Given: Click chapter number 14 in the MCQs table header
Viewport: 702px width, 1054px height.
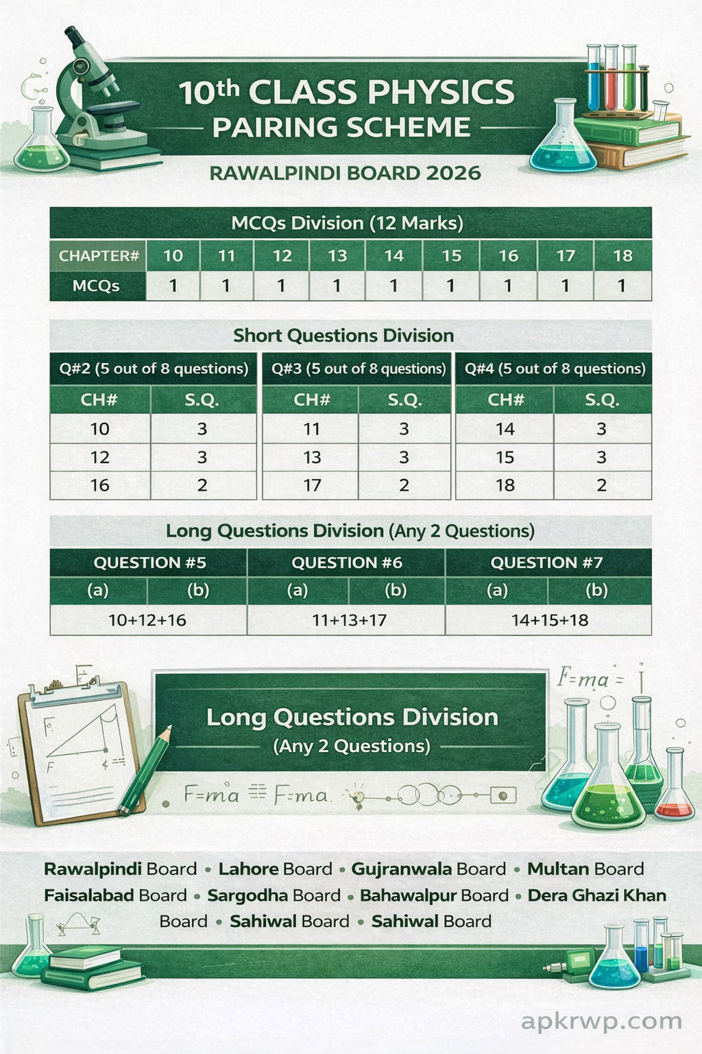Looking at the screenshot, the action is [394, 256].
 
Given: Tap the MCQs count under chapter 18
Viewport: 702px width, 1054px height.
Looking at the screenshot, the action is [622, 285].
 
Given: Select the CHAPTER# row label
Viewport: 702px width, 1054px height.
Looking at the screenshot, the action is [99, 256].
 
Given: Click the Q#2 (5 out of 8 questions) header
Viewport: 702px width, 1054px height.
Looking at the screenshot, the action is [154, 368].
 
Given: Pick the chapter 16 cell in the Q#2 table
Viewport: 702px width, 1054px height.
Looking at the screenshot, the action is [100, 485].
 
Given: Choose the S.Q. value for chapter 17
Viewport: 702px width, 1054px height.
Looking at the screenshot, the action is [404, 485].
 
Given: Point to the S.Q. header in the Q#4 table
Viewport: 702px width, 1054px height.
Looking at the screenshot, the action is [602, 400].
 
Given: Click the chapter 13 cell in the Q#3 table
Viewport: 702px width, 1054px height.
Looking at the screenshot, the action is [312, 457].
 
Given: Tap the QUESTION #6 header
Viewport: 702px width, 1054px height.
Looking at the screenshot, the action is [347, 563].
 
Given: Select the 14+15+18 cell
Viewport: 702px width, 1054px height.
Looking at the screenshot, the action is [550, 620].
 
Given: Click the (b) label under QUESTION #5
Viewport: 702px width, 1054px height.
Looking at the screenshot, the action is [198, 590].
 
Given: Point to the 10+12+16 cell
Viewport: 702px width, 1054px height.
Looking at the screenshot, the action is [147, 620].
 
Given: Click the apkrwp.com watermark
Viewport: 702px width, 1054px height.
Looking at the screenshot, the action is [601, 1021].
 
